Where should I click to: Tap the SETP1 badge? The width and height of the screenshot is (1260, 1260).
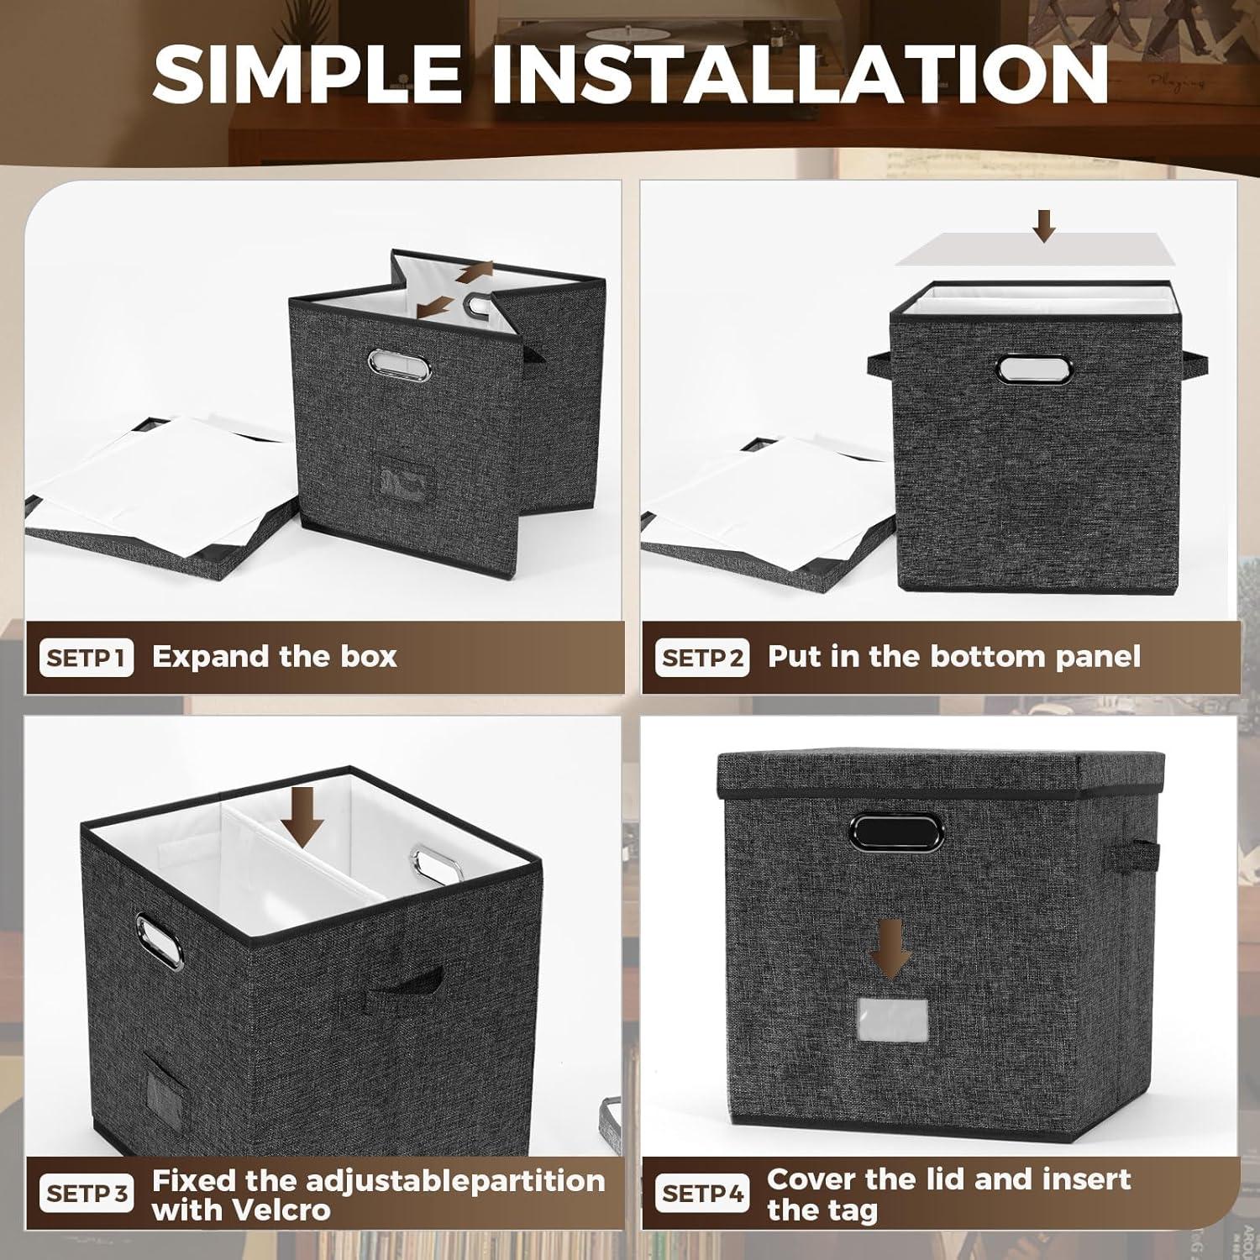point(86,658)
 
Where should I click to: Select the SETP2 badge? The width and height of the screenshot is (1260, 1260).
point(701,658)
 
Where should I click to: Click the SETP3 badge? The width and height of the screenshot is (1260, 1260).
point(86,1194)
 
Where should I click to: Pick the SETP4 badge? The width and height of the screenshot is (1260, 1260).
point(701,1194)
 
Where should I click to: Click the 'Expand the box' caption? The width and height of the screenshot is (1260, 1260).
point(274,656)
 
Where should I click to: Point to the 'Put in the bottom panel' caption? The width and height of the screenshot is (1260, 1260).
point(953,656)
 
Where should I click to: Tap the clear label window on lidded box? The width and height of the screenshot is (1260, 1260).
point(891,1018)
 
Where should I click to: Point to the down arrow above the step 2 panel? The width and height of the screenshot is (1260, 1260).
point(1044,225)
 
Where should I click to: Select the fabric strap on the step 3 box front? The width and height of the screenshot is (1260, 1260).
point(391,985)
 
